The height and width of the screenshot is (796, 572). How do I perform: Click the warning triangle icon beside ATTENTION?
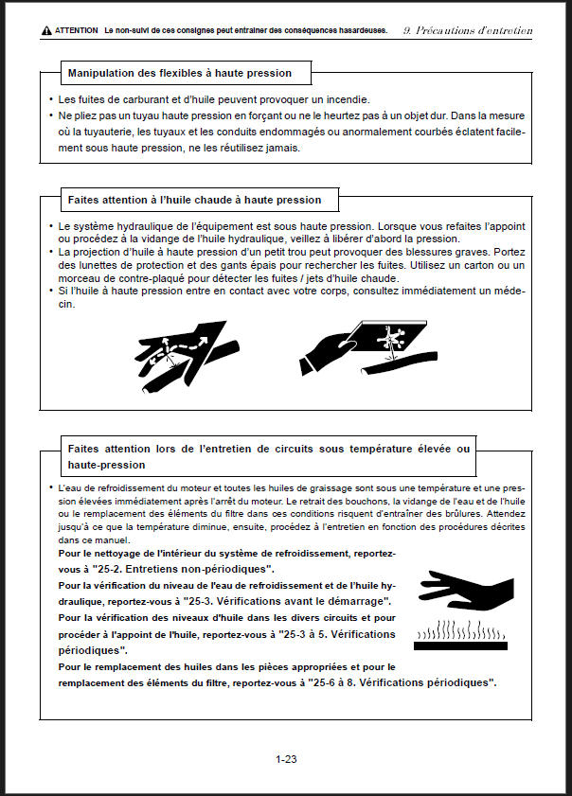[46, 31]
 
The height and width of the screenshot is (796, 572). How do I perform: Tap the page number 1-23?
[287, 759]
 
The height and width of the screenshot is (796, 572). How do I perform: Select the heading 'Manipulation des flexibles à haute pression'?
[180, 73]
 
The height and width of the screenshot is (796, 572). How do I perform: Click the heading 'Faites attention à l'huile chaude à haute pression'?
[194, 200]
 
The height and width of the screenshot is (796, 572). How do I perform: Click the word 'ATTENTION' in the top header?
[77, 31]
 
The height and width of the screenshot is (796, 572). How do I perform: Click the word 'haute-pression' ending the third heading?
[106, 464]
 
